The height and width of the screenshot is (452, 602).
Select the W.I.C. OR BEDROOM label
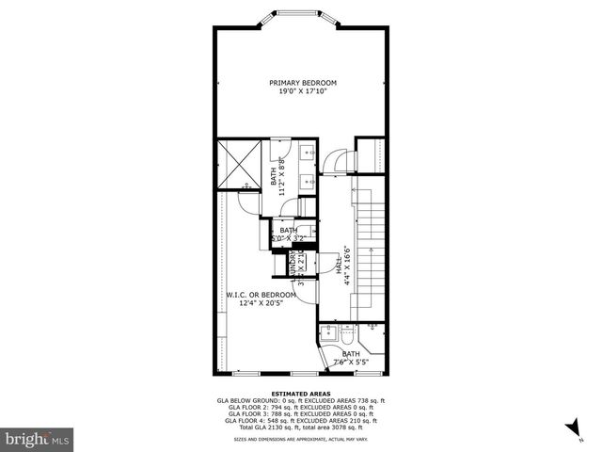point(261,295)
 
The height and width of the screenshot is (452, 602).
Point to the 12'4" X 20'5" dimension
point(261,303)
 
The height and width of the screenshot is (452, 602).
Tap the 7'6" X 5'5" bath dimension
point(349,362)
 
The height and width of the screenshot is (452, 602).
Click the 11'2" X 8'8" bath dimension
point(282,172)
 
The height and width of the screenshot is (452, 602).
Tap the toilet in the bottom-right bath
point(346,336)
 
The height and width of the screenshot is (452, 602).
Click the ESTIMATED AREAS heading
point(300,394)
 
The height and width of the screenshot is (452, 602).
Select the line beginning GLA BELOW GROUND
point(300,400)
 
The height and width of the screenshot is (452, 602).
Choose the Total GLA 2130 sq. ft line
point(300,428)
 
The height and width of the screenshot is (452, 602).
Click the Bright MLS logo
point(38,439)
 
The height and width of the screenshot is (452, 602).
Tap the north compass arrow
point(571,430)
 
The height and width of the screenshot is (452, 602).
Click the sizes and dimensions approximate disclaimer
point(300,439)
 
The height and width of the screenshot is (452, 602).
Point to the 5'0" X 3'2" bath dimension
point(288,237)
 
